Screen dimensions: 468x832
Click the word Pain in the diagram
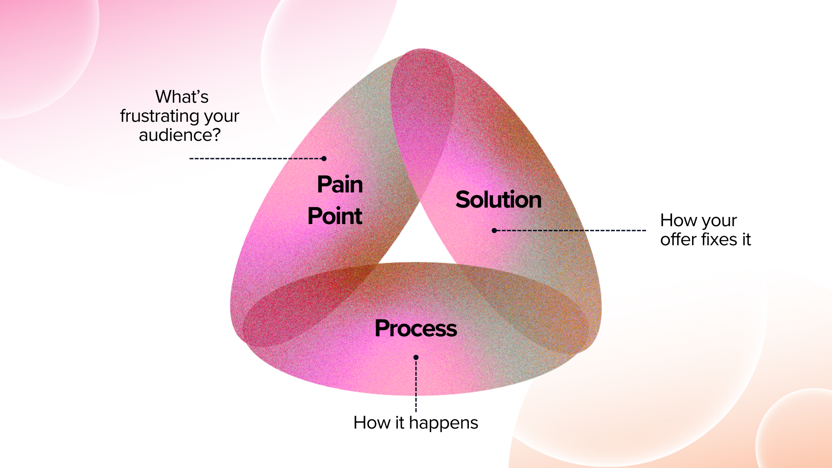pos(340,185)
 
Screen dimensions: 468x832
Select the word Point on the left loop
pos(335,216)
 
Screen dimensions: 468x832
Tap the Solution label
pos(498,200)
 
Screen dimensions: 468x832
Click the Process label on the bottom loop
pos(416,328)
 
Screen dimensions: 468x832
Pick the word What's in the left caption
pos(182,97)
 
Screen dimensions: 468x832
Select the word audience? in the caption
pos(179,135)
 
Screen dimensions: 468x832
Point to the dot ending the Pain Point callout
pos(324,159)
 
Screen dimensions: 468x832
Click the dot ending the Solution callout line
pos(494,231)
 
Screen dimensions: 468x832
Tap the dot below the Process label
pos(416,357)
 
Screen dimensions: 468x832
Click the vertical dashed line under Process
pos(416,386)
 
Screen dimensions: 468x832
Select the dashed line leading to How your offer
pos(572,231)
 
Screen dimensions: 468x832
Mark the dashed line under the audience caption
pos(256,159)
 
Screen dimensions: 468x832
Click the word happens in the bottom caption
pos(443,423)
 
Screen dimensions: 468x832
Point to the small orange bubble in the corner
pos(797,433)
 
